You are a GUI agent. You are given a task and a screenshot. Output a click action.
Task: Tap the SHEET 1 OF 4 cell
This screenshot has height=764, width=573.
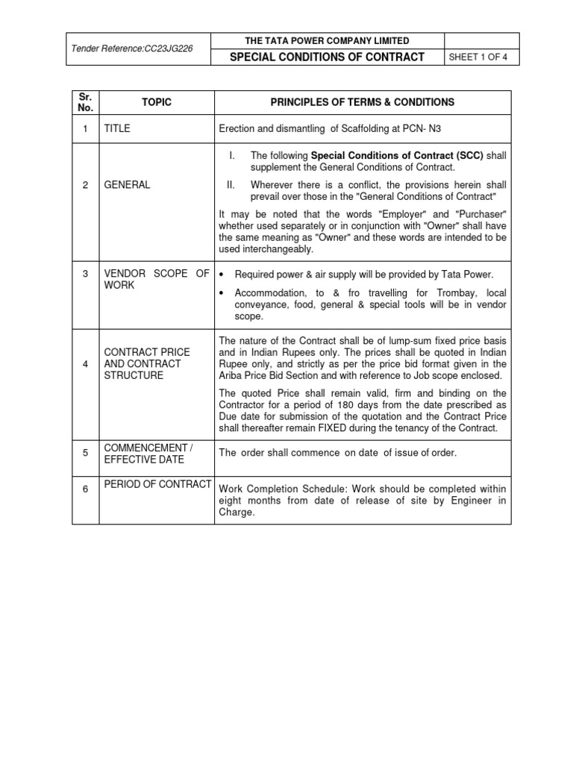coord(480,57)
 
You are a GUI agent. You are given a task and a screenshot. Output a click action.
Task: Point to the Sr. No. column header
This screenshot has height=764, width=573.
coord(86,102)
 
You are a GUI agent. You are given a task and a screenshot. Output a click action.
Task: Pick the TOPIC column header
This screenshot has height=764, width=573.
coord(157,102)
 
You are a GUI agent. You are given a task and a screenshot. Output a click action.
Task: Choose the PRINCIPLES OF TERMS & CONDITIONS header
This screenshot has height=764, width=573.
coord(362,102)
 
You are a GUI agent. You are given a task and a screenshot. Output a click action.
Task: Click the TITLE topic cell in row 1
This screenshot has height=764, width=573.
coord(117,128)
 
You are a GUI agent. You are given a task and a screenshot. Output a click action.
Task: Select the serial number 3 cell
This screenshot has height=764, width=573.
coord(86,274)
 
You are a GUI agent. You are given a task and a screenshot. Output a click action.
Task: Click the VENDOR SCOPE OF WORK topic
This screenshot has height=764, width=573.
coord(157,280)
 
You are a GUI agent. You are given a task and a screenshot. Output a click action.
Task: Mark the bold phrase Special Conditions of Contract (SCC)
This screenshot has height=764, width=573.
coord(397,155)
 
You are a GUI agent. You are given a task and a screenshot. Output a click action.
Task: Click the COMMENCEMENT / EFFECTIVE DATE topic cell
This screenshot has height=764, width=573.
coord(148,453)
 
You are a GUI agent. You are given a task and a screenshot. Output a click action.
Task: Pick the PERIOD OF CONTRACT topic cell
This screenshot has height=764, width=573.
coord(157,484)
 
